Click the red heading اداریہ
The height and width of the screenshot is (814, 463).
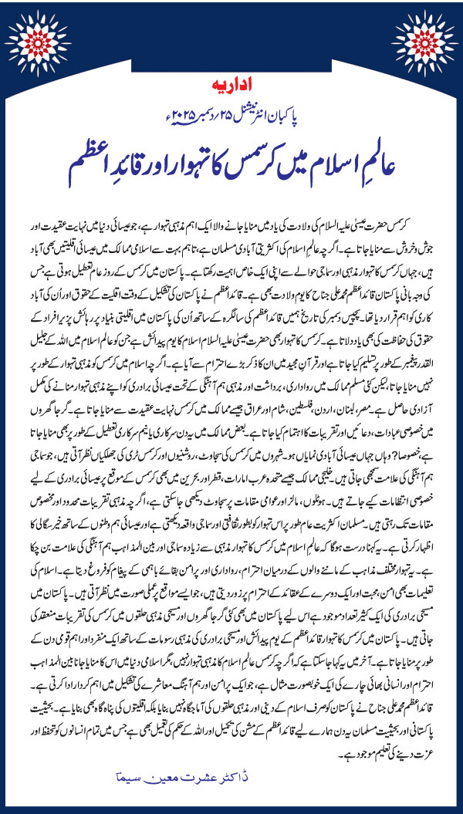(x=231, y=80)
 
